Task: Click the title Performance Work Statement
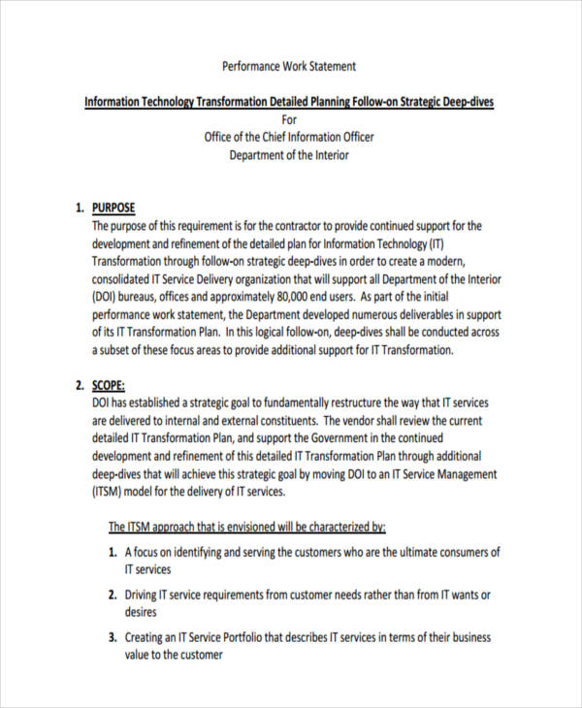[289, 67]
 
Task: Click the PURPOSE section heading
[113, 208]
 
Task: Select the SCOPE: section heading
[109, 385]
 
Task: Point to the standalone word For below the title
[289, 119]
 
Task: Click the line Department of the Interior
[289, 155]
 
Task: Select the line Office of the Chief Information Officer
[289, 137]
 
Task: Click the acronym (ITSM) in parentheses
[109, 492]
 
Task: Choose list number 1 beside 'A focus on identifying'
[113, 553]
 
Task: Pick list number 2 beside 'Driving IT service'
[113, 595]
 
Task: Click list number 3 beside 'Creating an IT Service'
[113, 638]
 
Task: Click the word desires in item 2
[141, 613]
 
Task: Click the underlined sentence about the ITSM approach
[246, 528]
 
